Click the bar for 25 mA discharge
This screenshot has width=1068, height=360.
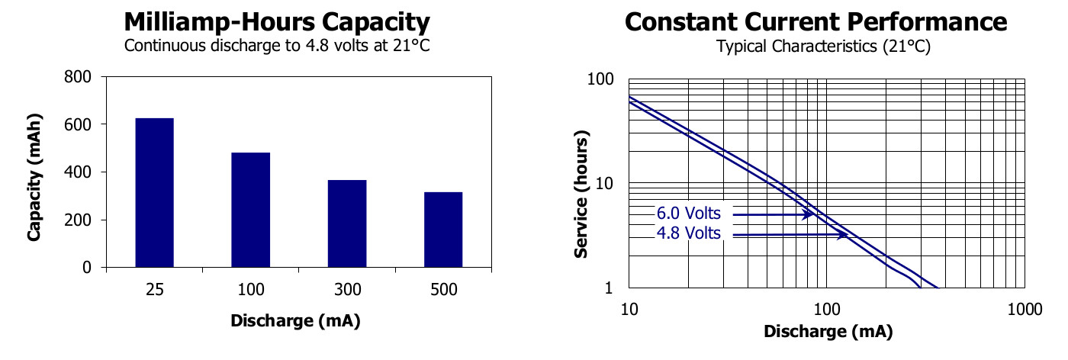154,193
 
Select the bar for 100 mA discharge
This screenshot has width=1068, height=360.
250,210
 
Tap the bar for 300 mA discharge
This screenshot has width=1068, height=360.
347,223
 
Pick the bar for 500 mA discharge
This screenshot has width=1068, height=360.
443,230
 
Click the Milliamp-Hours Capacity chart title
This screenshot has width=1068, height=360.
277,21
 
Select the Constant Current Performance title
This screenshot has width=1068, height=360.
816,21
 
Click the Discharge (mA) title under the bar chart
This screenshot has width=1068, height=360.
294,321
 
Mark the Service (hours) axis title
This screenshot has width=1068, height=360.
581,196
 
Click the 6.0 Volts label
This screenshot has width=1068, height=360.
688,214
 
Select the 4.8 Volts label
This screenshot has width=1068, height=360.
688,233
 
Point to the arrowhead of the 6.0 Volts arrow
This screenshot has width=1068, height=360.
810,215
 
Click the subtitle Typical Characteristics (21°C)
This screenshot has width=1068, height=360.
823,47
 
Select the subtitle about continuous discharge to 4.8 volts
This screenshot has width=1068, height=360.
277,45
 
